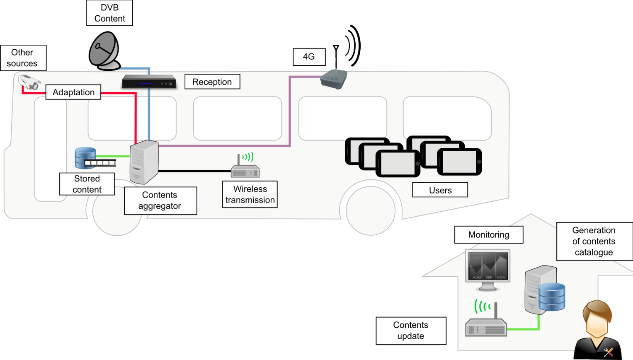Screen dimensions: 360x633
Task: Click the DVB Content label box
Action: (x=109, y=13)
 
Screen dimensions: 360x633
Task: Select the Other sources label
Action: (x=23, y=58)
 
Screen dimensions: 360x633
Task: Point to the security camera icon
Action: (x=29, y=82)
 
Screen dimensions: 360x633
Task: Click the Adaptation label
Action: (x=73, y=92)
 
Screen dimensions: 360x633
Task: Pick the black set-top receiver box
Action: (x=149, y=82)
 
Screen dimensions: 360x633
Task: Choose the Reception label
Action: (x=212, y=82)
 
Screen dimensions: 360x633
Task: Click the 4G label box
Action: (x=309, y=57)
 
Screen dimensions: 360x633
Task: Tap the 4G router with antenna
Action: (x=334, y=78)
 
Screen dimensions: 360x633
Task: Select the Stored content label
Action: (x=87, y=184)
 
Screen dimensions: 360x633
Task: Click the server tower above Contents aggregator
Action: (x=144, y=162)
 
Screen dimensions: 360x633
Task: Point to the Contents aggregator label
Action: (x=160, y=201)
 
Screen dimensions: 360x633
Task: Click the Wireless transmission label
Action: (x=250, y=194)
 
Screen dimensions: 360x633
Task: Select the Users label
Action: (x=440, y=190)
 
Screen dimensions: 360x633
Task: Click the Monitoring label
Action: (x=489, y=235)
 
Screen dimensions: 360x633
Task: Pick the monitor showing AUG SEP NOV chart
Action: (x=487, y=267)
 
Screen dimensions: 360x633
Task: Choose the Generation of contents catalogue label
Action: (x=594, y=242)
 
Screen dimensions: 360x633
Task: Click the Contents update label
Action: (x=411, y=331)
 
